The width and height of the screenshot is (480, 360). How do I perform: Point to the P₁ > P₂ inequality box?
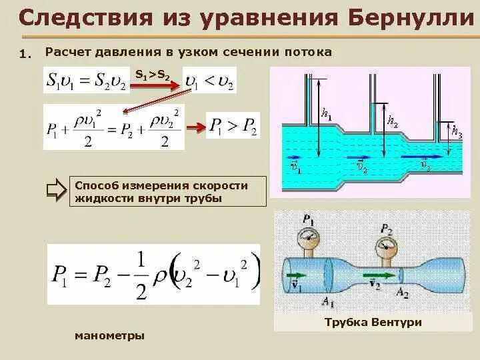point(233,125)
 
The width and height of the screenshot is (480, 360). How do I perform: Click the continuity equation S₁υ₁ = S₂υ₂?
point(87,81)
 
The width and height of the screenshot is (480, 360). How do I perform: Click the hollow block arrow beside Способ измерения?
point(56,191)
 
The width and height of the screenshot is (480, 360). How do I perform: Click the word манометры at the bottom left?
point(110,335)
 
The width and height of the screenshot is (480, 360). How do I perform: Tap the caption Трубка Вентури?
point(373,323)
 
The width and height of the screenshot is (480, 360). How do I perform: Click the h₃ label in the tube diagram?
point(456,131)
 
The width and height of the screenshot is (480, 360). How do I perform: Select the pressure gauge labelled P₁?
point(307,237)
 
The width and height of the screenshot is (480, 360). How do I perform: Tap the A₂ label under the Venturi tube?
point(401,292)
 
